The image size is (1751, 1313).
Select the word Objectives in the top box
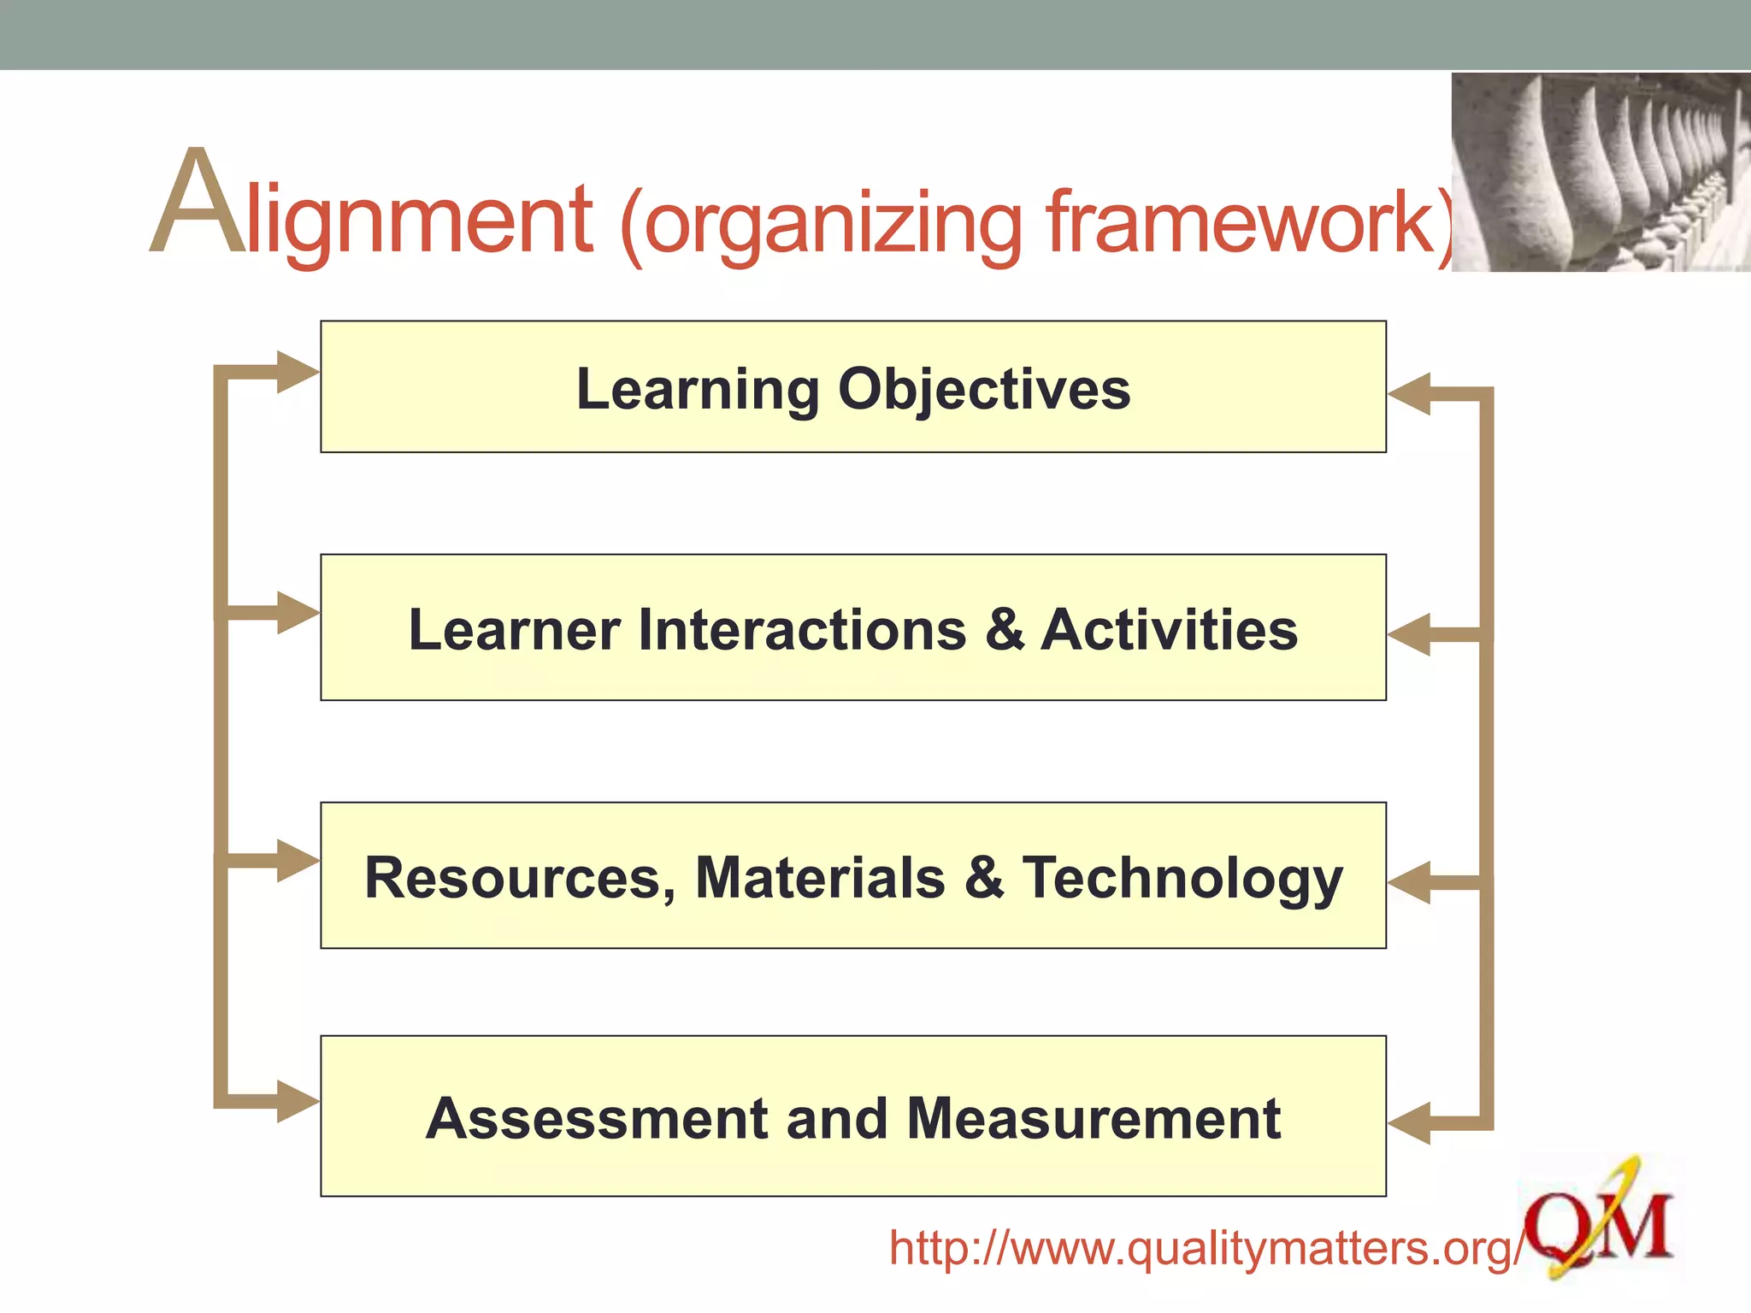pyautogui.click(x=984, y=390)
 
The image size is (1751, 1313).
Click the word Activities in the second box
pyautogui.click(x=1169, y=630)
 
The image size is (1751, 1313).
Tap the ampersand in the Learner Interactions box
pyautogui.click(x=1005, y=630)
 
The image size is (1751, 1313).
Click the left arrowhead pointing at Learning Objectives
pyautogui.click(x=298, y=373)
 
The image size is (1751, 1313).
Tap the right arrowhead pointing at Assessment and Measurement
pyautogui.click(x=1409, y=1123)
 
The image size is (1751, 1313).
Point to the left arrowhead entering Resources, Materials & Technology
pyautogui.click(x=298, y=860)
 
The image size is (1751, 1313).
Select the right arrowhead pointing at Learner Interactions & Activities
pyautogui.click(x=1409, y=635)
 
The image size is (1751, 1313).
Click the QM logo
pyautogui.click(x=1599, y=1222)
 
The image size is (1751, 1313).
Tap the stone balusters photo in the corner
pyautogui.click(x=1601, y=172)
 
